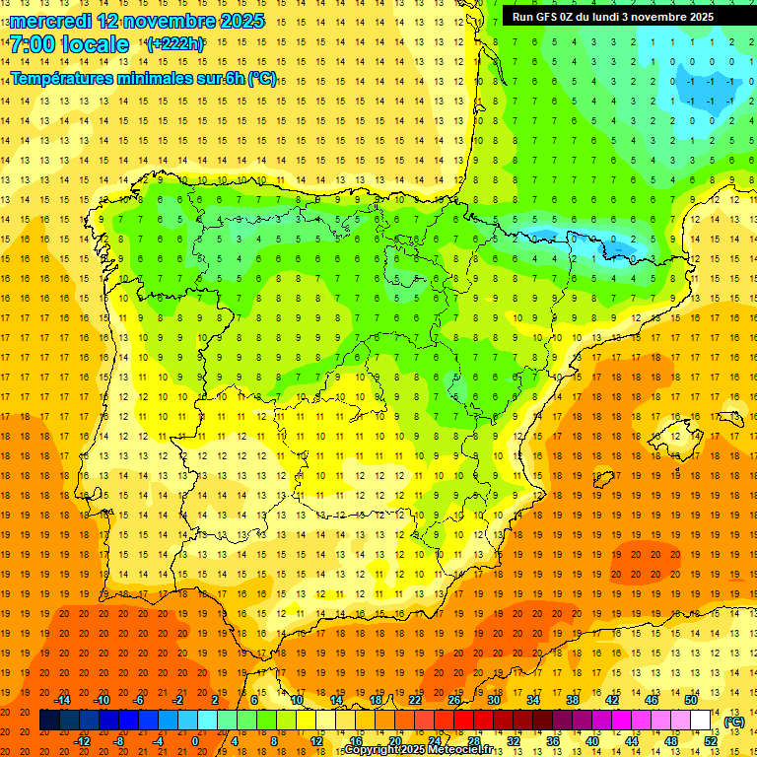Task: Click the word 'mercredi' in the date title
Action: [x=52, y=21]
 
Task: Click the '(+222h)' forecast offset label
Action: [x=174, y=44]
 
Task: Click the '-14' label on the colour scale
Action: [x=62, y=700]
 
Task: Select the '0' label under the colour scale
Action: [x=195, y=741]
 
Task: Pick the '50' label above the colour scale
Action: [x=691, y=700]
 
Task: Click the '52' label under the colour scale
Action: [x=711, y=741]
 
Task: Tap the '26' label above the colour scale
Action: [x=454, y=700]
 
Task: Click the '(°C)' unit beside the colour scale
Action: [x=734, y=722]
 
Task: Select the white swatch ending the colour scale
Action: [x=701, y=721]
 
